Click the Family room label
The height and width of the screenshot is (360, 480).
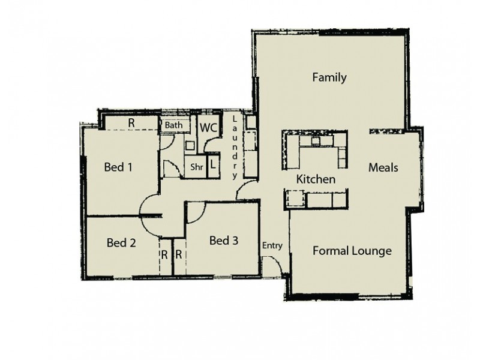(329, 77)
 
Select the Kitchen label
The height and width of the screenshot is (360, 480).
(316, 179)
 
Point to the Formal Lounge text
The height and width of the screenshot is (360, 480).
(352, 251)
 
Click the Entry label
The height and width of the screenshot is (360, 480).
(272, 245)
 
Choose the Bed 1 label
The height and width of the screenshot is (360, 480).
(118, 167)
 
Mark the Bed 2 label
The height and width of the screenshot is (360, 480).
(121, 243)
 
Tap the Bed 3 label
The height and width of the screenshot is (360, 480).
(224, 241)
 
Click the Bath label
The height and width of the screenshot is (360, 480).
(174, 125)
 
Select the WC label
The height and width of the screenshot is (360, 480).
(208, 128)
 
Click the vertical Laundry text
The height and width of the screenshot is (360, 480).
(235, 147)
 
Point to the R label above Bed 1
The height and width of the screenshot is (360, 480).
(131, 122)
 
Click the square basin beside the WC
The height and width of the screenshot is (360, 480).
(190, 145)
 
